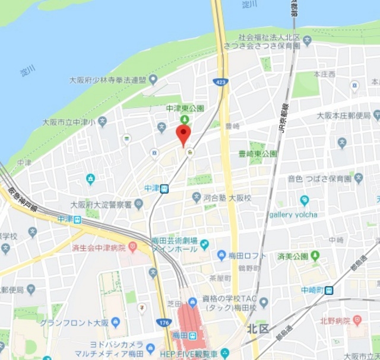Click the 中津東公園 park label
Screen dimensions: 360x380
click(x=185, y=109)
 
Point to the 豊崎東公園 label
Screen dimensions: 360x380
click(x=257, y=154)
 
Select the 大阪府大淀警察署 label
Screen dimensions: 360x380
click(x=101, y=205)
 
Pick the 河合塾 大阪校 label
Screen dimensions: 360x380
click(x=228, y=197)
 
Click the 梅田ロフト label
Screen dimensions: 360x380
click(x=247, y=256)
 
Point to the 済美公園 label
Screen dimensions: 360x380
click(x=293, y=256)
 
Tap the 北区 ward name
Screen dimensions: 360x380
click(x=258, y=327)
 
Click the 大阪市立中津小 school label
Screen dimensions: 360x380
click(x=70, y=122)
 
